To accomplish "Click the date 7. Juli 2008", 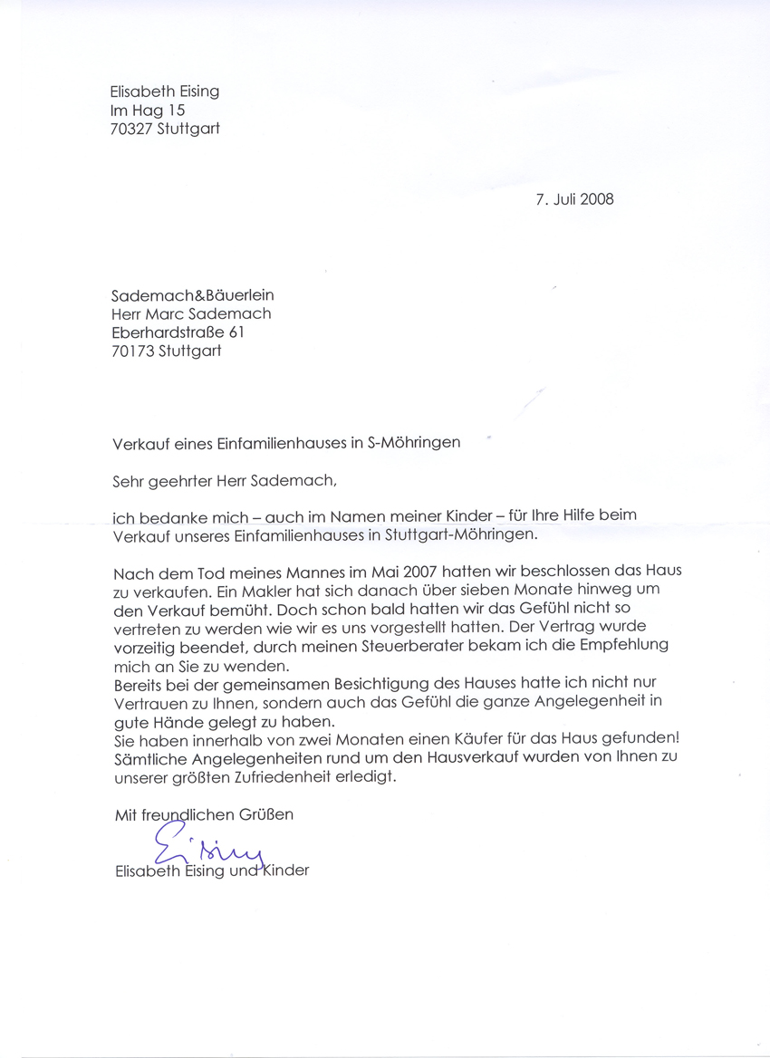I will tap(574, 199).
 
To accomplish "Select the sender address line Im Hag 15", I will tap(148, 110).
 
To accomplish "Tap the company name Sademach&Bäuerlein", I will tap(192, 295).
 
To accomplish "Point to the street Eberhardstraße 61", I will tap(177, 332).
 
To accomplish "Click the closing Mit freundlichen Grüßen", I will tap(204, 814).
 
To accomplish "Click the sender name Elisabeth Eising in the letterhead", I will tap(164, 91).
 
